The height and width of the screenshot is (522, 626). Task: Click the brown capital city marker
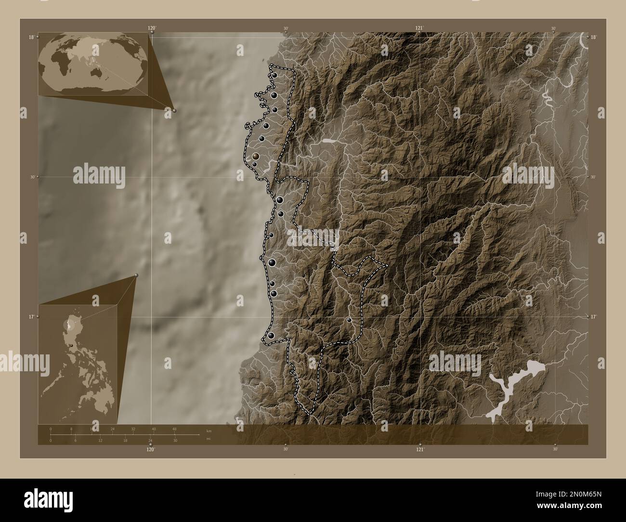(x=256, y=156)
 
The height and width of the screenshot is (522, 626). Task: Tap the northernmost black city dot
(x=274, y=75)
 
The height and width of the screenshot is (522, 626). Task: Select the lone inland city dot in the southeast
(x=349, y=319)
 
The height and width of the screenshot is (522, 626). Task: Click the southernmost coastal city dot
(x=272, y=335)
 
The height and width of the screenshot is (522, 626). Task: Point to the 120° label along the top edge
(x=152, y=28)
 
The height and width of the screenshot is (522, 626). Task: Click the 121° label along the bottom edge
(x=420, y=449)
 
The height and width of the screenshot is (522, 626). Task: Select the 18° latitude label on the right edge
(x=593, y=37)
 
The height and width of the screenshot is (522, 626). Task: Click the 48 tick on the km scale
(x=174, y=429)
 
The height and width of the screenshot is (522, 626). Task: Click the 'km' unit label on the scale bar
(x=209, y=431)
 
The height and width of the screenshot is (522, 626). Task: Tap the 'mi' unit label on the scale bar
(x=208, y=439)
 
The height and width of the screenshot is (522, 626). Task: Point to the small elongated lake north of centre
(x=329, y=142)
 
